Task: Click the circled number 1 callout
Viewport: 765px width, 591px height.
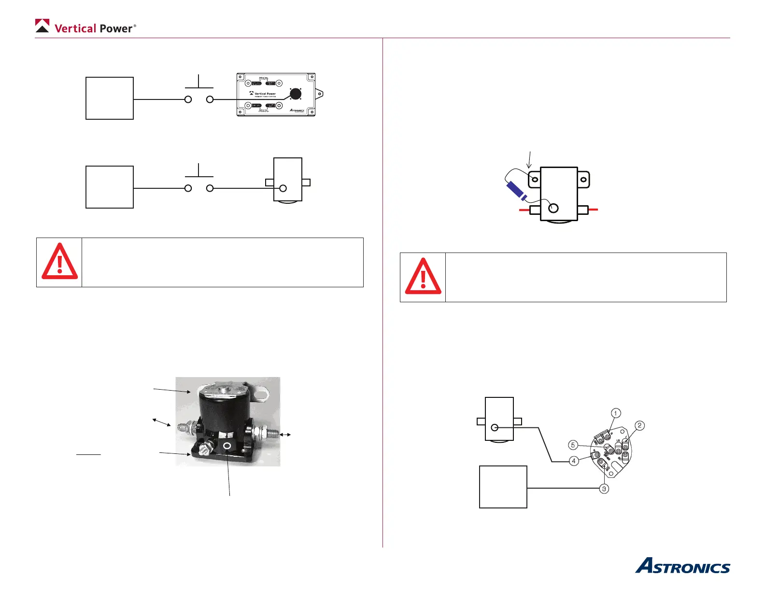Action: coord(615,413)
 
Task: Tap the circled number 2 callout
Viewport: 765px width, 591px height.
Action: coord(639,425)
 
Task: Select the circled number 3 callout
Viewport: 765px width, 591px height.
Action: coord(604,489)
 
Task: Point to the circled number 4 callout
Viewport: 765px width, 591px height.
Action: coord(574,461)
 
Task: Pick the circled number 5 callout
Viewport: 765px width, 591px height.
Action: coord(573,445)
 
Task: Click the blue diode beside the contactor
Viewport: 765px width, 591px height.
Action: coord(516,191)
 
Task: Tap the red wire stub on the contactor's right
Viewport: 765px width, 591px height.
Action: coord(594,210)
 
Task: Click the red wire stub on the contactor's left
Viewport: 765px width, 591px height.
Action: coord(524,210)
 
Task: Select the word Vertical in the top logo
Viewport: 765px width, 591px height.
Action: coord(75,28)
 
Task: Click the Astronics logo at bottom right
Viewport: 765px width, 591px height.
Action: coord(682,566)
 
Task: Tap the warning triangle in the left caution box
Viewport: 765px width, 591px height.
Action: coord(59,262)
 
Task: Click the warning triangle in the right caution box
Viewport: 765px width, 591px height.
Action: coord(423,277)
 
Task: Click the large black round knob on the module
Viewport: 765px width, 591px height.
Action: coord(296,94)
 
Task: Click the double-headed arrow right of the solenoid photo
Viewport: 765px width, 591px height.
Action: coord(285,435)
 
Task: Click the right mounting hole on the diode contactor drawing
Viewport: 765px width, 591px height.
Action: coord(583,180)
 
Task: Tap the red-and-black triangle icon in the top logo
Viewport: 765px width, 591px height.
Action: coord(42,26)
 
